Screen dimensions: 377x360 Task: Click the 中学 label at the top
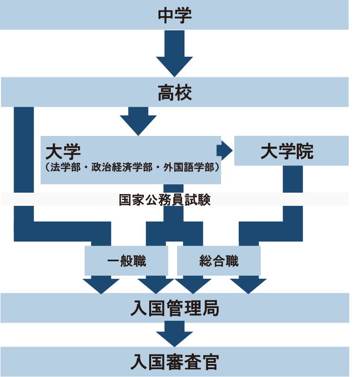click(x=175, y=16)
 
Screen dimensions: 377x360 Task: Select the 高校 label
click(x=175, y=92)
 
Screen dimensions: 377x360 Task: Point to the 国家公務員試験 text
click(x=165, y=200)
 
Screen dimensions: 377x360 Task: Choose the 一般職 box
click(x=126, y=261)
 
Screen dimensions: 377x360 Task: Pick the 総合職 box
click(x=219, y=261)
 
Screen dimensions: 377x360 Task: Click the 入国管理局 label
click(x=175, y=309)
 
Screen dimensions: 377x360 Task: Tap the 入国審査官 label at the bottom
click(x=175, y=362)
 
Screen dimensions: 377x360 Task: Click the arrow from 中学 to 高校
click(x=175, y=53)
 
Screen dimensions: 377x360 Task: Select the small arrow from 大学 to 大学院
click(x=225, y=150)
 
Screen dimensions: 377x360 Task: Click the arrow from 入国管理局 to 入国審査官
click(x=175, y=334)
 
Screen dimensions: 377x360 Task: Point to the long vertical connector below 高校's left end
click(x=24, y=161)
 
